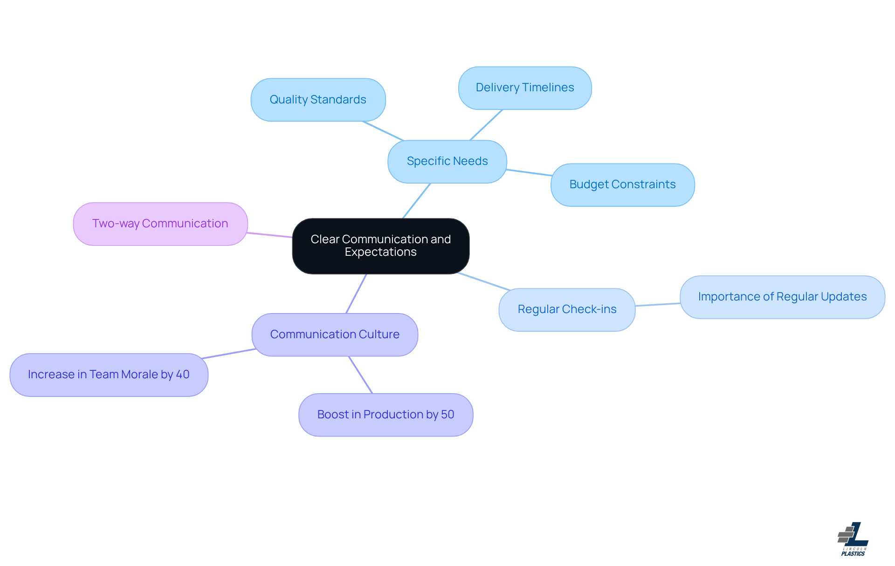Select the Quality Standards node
[318, 100]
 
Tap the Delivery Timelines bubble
[525, 88]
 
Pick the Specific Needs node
[447, 161]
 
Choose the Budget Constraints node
[622, 184]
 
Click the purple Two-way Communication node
[160, 224]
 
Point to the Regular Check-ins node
[567, 309]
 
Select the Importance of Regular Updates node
[782, 297]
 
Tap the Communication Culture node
[335, 334]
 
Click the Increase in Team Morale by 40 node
[109, 375]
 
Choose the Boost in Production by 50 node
[386, 415]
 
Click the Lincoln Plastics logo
[853, 539]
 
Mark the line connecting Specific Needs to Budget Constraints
[529, 172]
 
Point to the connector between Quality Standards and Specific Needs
[383, 131]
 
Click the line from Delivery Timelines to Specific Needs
[486, 125]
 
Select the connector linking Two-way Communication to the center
[269, 235]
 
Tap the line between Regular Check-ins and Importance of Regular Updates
[658, 305]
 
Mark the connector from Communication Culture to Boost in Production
[360, 375]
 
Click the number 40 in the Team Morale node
[183, 375]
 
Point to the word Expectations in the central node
[380, 252]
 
